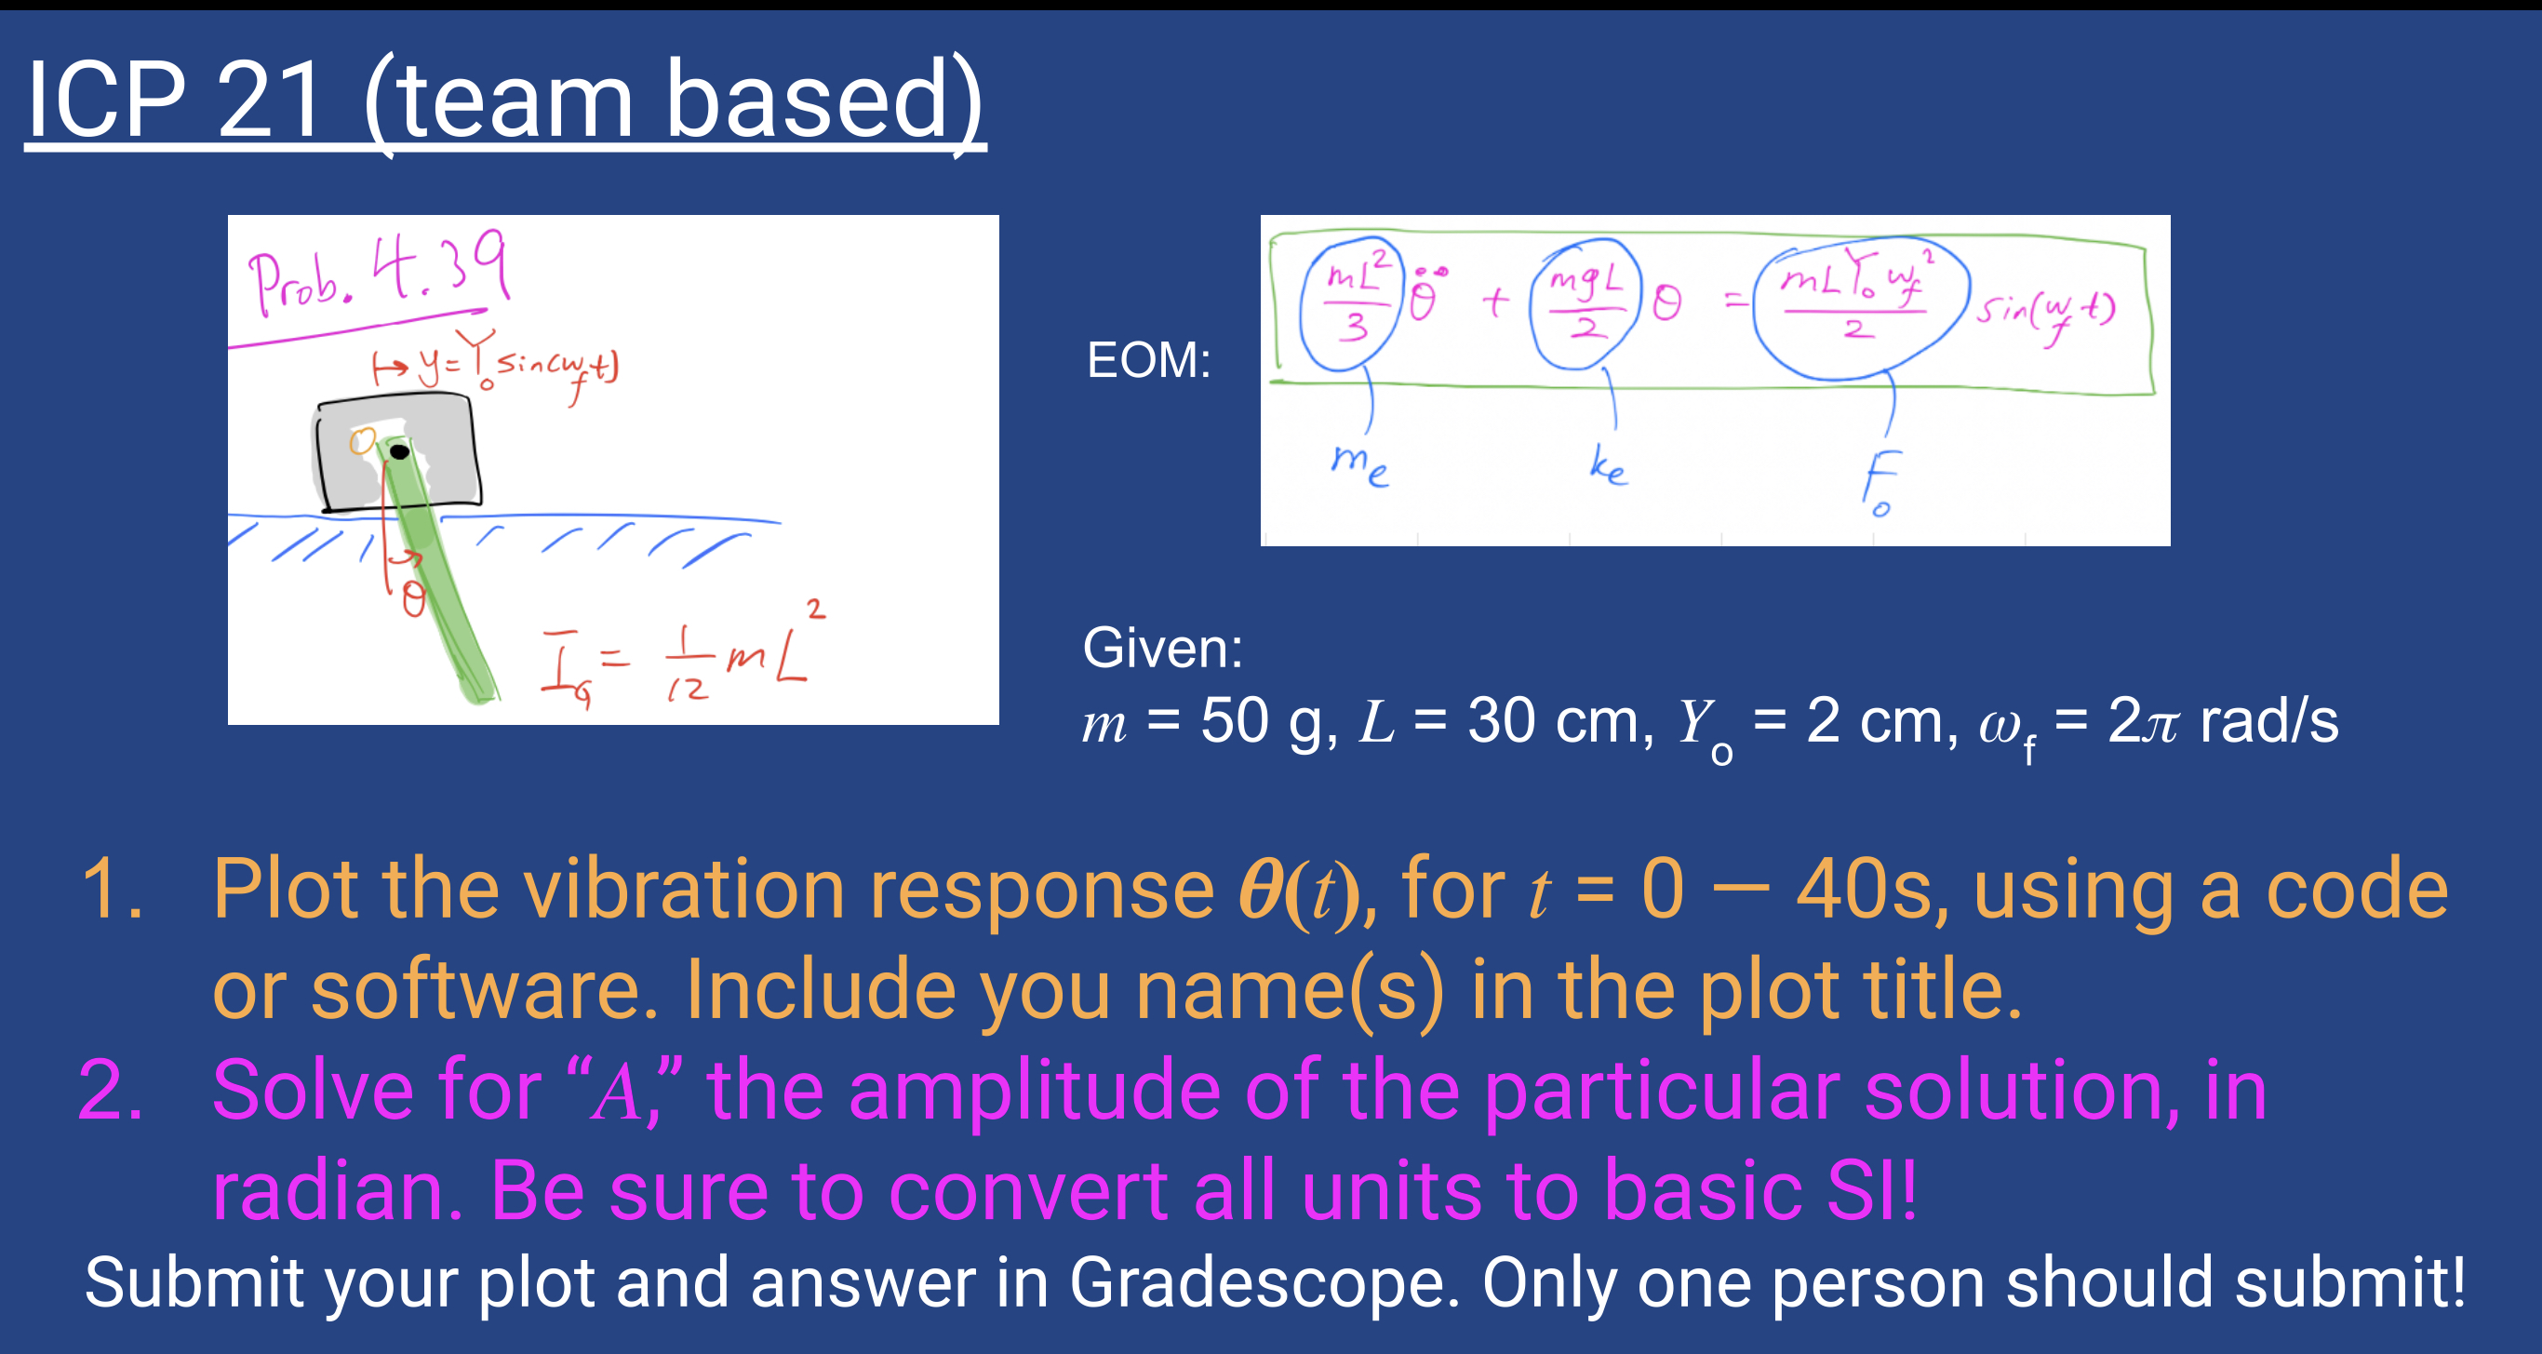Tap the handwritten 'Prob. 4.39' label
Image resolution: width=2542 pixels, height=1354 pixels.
377,272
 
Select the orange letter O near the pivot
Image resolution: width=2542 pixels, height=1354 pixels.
362,441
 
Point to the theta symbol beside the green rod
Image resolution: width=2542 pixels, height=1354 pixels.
413,599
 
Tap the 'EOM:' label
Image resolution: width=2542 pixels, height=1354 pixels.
1147,360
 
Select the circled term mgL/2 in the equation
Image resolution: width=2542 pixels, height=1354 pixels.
1585,303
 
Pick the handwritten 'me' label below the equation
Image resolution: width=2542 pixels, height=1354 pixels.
1359,463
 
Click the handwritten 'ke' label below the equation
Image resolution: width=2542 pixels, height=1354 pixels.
1608,464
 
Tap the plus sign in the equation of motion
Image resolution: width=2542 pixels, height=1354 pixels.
1496,301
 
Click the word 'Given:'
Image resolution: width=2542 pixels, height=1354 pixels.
1162,649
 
